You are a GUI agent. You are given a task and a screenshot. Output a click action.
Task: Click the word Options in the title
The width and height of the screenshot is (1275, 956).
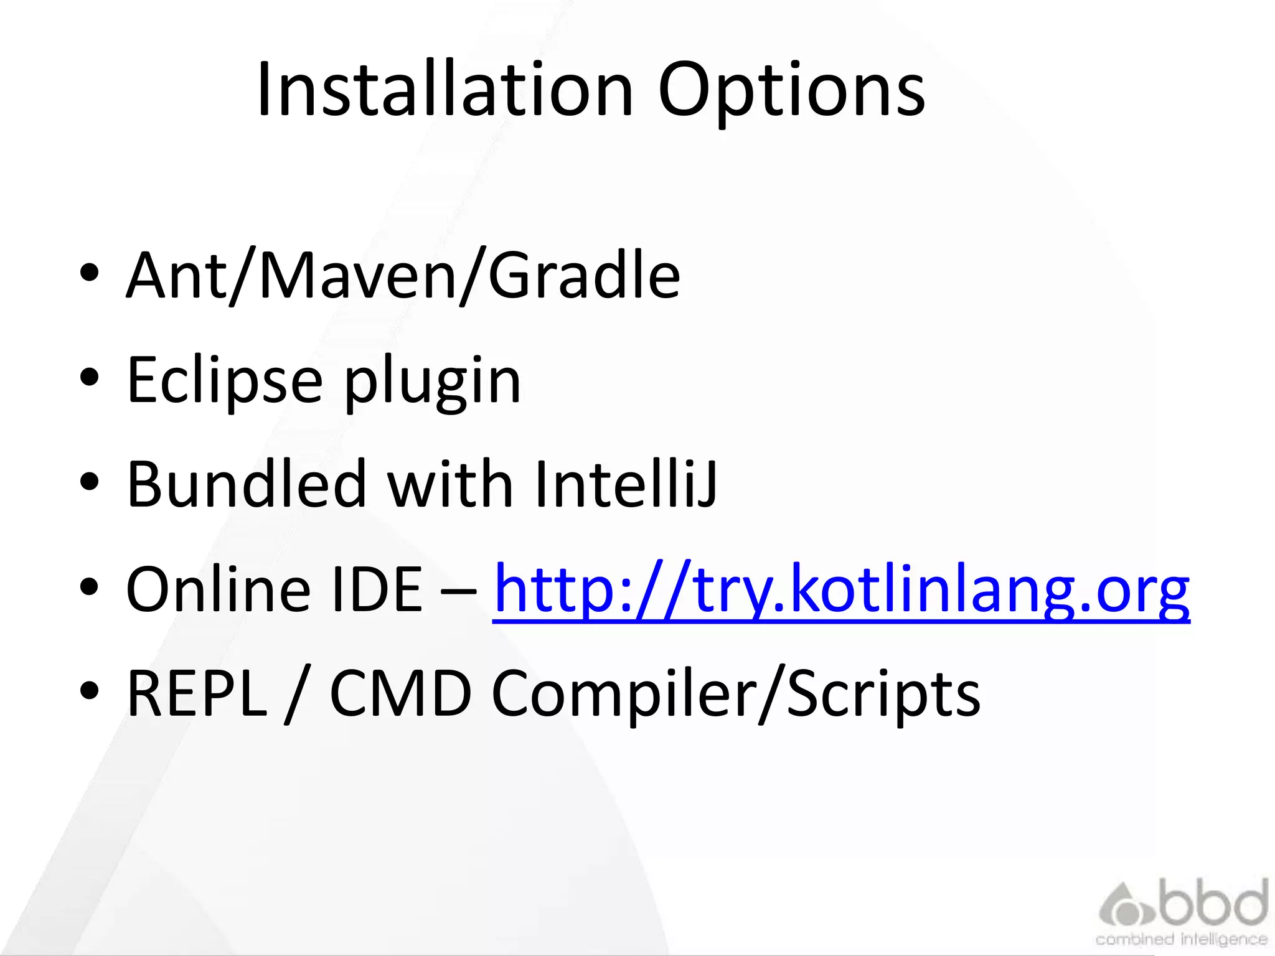tap(791, 91)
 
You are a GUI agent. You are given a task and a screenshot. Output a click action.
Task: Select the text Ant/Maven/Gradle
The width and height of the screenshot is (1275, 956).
tap(403, 276)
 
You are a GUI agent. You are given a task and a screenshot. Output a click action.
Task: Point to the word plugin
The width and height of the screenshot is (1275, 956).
tap(432, 382)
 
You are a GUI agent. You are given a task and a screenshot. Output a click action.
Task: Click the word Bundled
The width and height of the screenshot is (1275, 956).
tap(246, 484)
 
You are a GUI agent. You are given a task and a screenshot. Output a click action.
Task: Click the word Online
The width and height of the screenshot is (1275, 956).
tap(218, 589)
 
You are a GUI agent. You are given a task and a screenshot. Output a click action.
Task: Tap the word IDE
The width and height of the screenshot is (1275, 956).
tap(377, 589)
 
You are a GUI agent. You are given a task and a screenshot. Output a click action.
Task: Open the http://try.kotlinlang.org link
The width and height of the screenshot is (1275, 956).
tap(841, 590)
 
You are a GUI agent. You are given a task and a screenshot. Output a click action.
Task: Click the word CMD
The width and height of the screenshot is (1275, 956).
tap(400, 693)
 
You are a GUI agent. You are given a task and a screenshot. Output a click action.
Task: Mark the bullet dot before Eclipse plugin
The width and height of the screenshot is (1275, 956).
tap(90, 377)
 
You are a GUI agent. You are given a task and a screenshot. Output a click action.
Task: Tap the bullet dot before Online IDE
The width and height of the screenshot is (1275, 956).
tap(90, 586)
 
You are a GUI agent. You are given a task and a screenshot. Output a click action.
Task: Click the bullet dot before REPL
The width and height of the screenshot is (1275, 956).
tap(90, 691)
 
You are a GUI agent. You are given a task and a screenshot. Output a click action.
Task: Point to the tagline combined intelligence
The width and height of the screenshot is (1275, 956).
tap(1181, 939)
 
